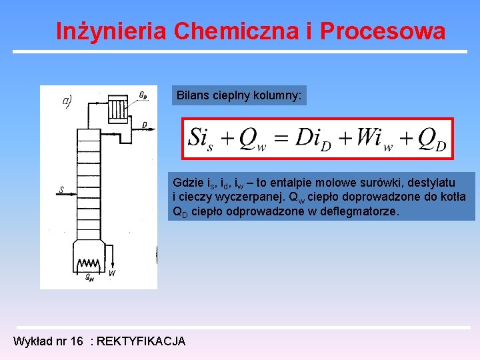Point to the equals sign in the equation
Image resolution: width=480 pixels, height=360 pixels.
click(x=280, y=139)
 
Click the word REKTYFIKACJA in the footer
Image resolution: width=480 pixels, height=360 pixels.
click(x=141, y=341)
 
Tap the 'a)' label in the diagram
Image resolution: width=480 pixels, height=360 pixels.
click(x=67, y=101)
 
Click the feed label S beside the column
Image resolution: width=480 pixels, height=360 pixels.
click(x=61, y=191)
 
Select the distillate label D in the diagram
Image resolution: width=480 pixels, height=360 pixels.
click(x=145, y=125)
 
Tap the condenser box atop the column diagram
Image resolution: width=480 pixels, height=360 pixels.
click(x=118, y=107)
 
